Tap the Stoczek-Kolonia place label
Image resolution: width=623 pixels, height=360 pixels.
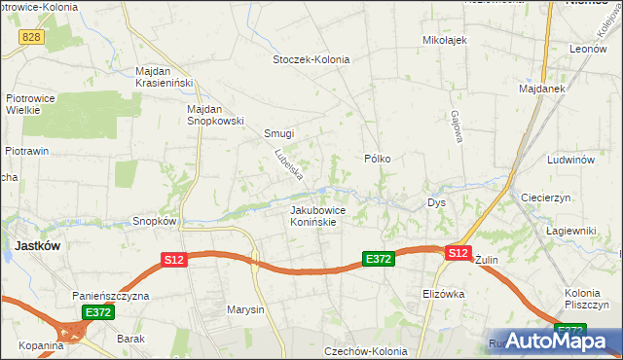click(x=311, y=59)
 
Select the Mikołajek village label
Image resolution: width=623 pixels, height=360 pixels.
click(x=445, y=40)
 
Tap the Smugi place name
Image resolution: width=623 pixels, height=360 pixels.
click(x=278, y=134)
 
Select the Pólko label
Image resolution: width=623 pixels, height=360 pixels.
click(x=377, y=158)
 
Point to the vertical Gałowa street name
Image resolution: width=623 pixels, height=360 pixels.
click(x=455, y=126)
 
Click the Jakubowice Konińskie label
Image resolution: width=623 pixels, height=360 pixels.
click(x=313, y=215)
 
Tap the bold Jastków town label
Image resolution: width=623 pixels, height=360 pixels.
click(x=37, y=246)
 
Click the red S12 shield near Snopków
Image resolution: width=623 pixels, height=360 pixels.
click(x=173, y=259)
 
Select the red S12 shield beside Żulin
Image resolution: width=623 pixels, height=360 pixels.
click(x=458, y=253)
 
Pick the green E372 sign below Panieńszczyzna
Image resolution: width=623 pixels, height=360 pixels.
click(x=98, y=312)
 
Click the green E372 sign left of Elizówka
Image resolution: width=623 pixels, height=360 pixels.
click(x=378, y=259)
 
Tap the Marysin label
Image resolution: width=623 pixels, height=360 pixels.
click(x=245, y=310)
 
